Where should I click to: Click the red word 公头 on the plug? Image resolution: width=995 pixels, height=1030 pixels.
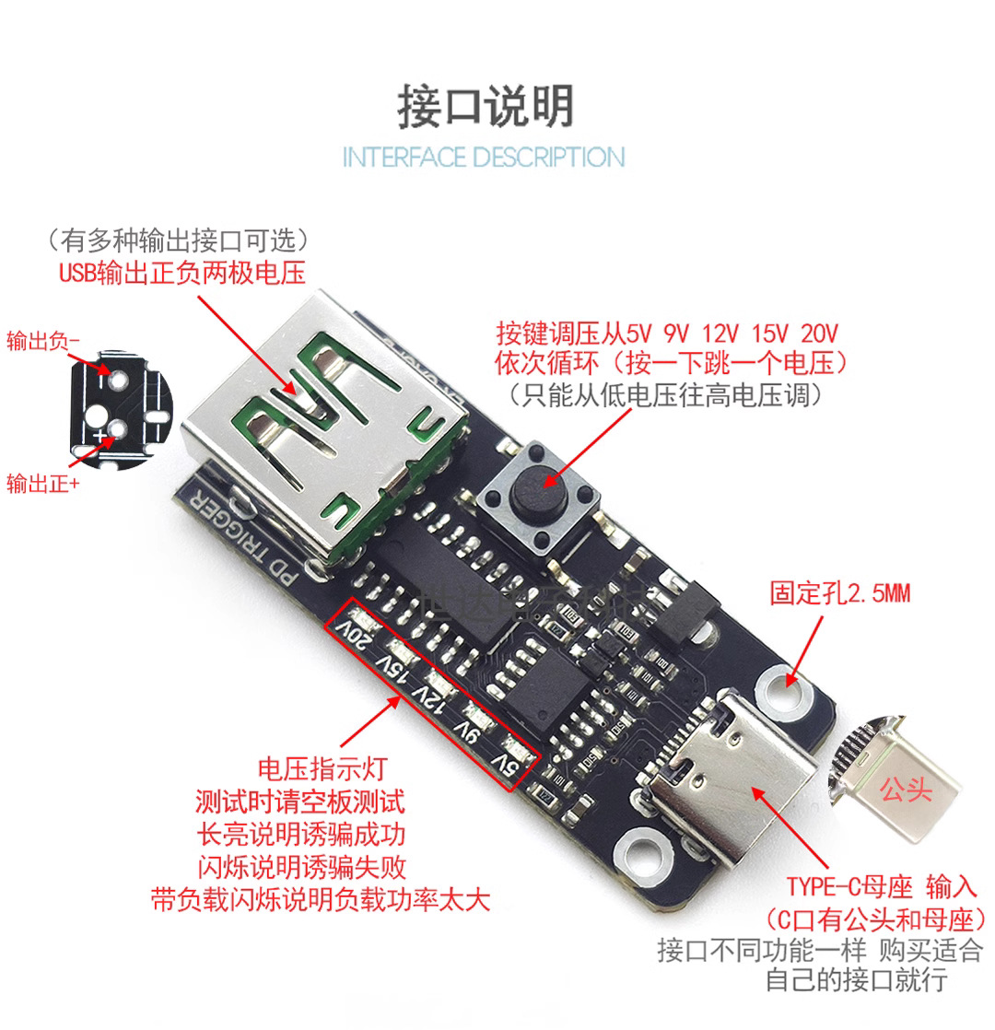906,791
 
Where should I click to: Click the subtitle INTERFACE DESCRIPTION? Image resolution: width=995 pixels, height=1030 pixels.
484,157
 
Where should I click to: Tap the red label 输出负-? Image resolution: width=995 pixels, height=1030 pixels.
43,341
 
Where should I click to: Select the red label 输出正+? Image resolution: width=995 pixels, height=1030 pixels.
42,483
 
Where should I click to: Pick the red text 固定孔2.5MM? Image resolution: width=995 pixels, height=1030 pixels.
839,593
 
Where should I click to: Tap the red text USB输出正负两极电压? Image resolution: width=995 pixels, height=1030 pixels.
181,273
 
